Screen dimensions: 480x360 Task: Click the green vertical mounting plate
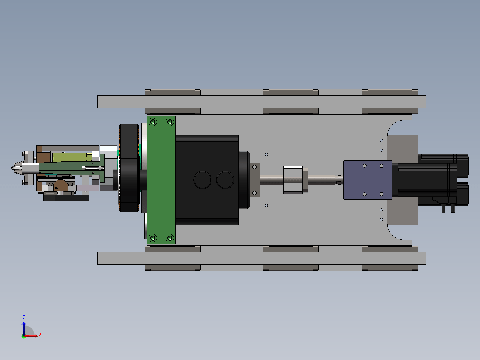point(161,180)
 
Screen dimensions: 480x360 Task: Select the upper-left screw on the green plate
point(152,122)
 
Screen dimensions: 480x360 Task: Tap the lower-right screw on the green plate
point(170,238)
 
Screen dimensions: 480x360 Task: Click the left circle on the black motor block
point(202,180)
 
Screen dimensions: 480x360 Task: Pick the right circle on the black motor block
point(225,180)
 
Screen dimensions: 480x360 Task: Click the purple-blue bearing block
point(368,180)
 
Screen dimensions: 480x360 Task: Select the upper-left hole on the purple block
point(365,166)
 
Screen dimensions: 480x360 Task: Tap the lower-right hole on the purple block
point(382,194)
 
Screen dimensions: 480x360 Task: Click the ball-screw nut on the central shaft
point(293,180)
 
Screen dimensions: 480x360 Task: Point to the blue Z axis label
point(24,318)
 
